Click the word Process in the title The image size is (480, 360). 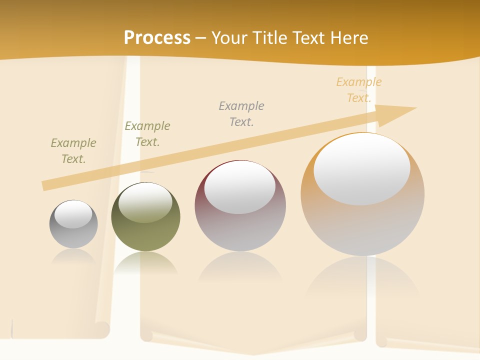click(x=157, y=37)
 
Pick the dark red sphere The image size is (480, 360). click(x=240, y=225)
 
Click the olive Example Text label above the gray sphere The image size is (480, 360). click(x=73, y=151)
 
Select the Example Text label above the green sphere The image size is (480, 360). click(x=147, y=134)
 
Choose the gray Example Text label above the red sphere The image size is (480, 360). click(x=241, y=113)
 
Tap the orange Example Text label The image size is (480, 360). click(x=359, y=90)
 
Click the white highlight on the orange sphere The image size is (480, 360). click(x=361, y=169)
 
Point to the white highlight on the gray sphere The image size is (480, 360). click(x=73, y=214)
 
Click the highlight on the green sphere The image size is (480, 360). click(x=145, y=202)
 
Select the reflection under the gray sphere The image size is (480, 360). click(x=73, y=257)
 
